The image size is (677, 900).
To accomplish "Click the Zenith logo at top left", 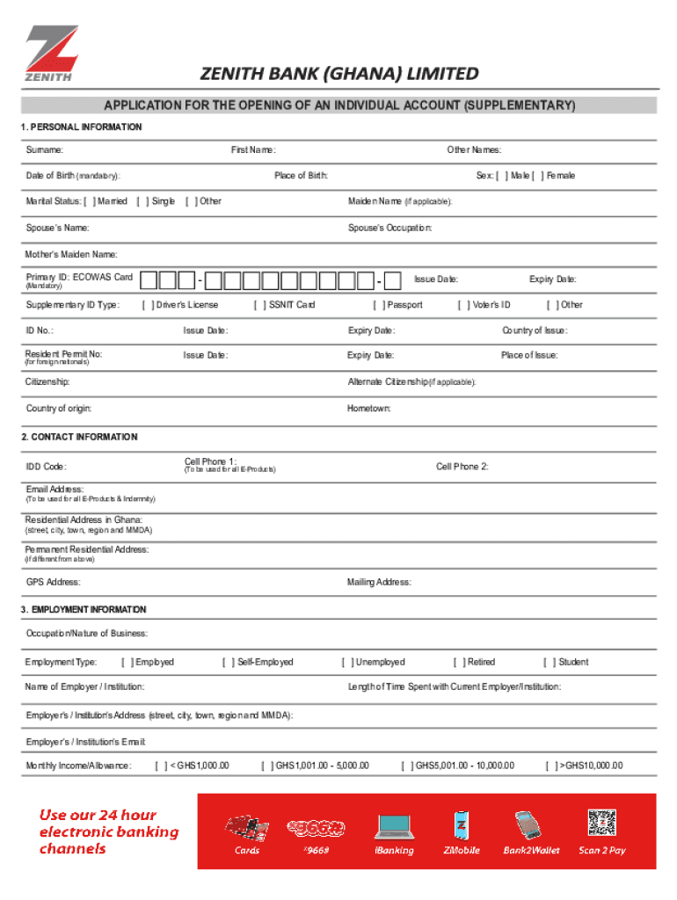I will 51,53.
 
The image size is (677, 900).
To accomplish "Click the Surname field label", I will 44,150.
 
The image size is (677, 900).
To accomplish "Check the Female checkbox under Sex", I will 540,176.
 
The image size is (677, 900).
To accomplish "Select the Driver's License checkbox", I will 147,305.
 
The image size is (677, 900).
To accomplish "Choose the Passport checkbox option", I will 377,305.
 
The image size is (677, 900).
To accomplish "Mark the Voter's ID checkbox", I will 462,305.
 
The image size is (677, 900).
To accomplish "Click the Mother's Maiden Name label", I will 71,255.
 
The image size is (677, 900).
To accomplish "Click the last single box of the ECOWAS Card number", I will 393,280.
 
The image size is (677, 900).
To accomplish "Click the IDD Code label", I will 46,467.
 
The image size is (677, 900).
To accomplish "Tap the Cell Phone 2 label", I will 462,467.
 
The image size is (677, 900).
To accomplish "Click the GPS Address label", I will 54,582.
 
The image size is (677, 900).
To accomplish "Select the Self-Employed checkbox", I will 228,662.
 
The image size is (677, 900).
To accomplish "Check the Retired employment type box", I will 458,662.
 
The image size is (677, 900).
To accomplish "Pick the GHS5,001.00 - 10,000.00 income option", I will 406,766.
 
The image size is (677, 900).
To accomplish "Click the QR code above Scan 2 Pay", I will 602,823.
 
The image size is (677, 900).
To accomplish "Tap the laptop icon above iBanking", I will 394,825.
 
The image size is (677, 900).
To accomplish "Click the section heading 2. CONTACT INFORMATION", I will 79,437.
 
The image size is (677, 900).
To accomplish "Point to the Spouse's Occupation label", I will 389,228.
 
